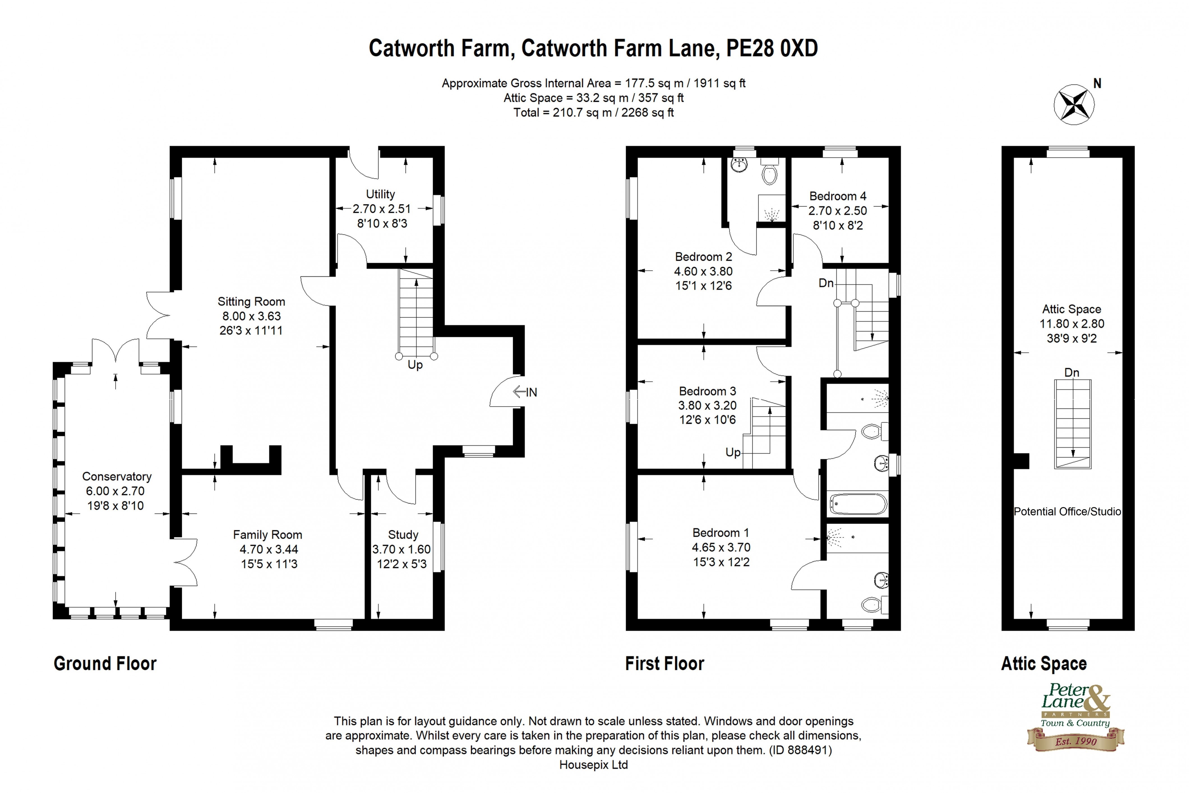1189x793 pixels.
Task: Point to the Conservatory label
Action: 117,476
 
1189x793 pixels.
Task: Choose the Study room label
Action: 403,534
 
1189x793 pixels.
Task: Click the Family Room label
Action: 267,534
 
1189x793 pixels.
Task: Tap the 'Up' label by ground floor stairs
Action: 415,365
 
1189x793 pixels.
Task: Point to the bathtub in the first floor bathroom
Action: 858,504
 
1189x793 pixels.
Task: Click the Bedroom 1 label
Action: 720,532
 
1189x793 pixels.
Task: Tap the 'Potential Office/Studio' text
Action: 1067,511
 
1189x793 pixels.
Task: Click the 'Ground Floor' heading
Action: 105,663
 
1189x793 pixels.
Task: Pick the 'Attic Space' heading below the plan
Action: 1043,663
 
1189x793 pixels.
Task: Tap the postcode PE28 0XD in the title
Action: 772,49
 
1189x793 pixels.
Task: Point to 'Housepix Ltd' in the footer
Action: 594,765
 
